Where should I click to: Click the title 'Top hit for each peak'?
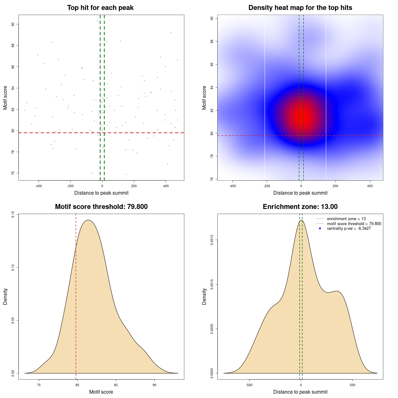(100, 8)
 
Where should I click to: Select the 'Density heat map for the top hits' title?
(300, 8)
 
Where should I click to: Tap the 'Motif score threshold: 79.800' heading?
(101, 207)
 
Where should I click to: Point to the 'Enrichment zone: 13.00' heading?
(300, 207)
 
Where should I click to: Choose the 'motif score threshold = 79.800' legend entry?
(354, 224)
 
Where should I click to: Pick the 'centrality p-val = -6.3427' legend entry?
(349, 229)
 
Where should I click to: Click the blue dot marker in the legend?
(320, 229)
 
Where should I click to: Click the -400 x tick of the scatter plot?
(39, 186)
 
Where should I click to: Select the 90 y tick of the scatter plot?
(13, 24)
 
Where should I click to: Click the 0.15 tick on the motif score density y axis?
(13, 215)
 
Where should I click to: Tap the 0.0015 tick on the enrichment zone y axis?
(212, 240)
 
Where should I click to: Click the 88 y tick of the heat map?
(212, 41)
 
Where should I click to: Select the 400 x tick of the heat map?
(370, 186)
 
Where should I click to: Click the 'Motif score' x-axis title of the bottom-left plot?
(101, 392)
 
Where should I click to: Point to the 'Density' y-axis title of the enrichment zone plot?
(204, 296)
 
